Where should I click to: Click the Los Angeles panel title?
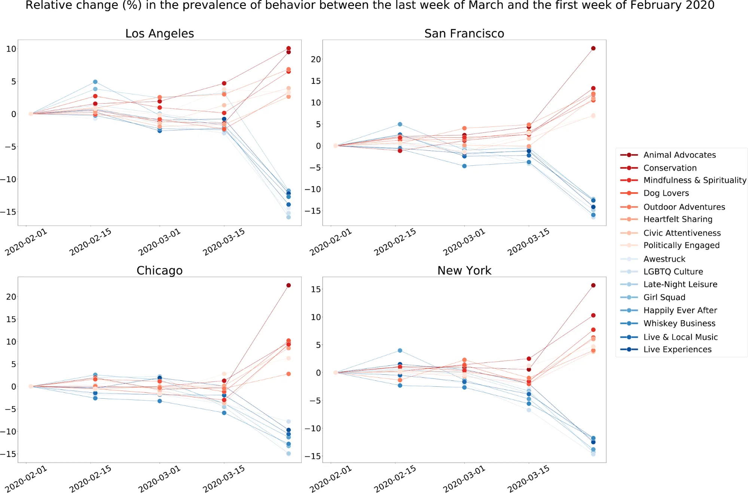(x=159, y=34)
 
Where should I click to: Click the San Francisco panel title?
(x=464, y=34)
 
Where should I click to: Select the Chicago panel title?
(x=159, y=270)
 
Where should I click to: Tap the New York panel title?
(x=464, y=270)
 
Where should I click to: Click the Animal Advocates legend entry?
(x=679, y=155)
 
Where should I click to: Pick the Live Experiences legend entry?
(x=677, y=349)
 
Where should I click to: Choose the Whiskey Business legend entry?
(x=679, y=323)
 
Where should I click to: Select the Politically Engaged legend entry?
(x=681, y=245)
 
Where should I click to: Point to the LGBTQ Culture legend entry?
(x=673, y=272)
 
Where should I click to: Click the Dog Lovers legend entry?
(x=666, y=193)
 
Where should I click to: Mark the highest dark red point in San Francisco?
(x=593, y=48)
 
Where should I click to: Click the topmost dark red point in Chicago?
(x=288, y=285)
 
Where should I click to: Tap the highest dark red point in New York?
(x=593, y=285)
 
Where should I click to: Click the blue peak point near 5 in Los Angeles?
(x=95, y=82)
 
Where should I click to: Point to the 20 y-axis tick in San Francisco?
(x=316, y=59)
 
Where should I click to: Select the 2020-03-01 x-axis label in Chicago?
(x=159, y=479)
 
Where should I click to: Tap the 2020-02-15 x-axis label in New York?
(x=395, y=479)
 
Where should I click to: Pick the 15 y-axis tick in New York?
(x=316, y=290)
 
